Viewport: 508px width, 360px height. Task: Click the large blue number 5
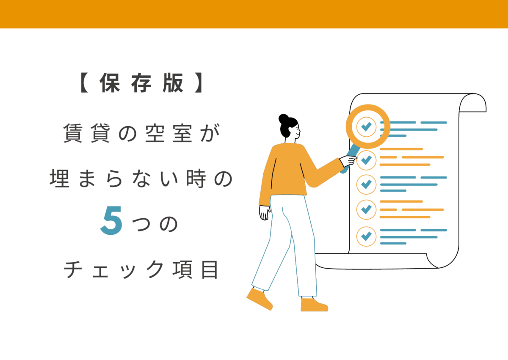click(111, 220)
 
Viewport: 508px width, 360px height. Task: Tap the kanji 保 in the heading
click(110, 83)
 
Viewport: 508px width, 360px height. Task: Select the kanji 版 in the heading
click(173, 83)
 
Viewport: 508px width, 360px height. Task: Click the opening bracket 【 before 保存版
click(84, 82)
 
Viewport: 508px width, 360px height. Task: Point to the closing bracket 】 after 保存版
click(199, 82)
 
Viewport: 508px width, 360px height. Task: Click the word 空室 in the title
click(168, 133)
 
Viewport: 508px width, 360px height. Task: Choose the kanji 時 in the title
click(196, 179)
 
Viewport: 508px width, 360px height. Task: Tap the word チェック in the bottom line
click(114, 269)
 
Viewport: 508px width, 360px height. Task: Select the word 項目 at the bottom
click(195, 269)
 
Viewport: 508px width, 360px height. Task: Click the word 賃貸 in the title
click(86, 133)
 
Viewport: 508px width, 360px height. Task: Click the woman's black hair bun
click(284, 119)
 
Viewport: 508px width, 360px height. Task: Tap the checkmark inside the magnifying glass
click(366, 126)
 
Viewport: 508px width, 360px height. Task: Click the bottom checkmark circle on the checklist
click(366, 236)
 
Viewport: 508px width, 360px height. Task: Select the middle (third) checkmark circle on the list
click(366, 184)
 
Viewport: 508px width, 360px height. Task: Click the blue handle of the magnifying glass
click(351, 159)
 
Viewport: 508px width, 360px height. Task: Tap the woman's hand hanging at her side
click(264, 212)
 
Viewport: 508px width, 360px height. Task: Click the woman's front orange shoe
click(314, 305)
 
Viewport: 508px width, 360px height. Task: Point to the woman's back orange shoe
click(260, 299)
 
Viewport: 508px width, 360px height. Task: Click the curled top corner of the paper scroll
click(473, 103)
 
